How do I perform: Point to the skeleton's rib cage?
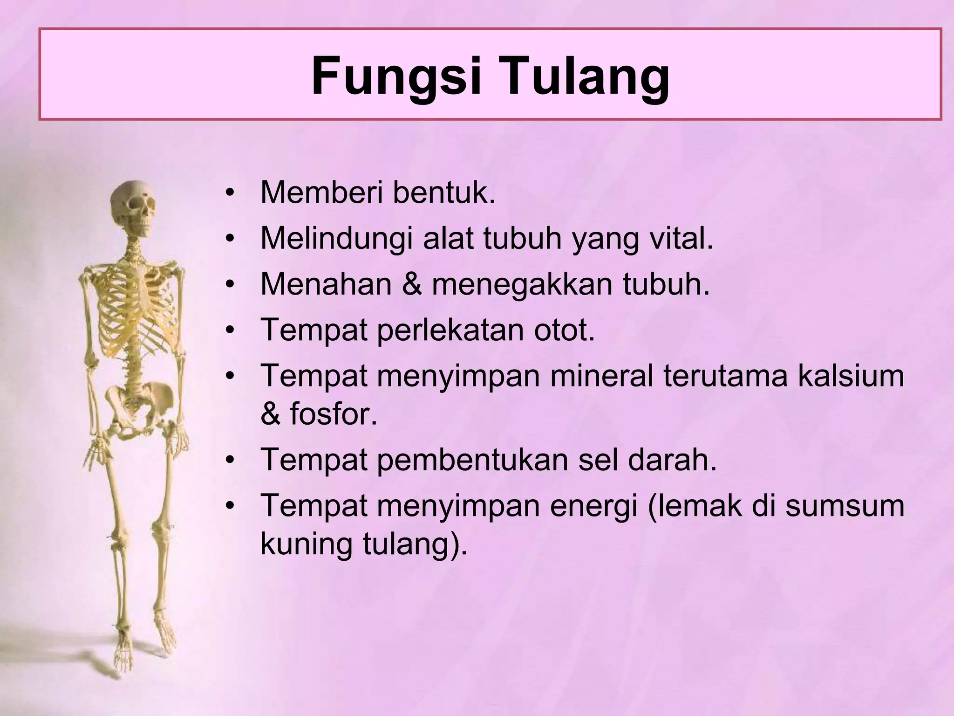[x=135, y=308]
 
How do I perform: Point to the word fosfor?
[x=333, y=413]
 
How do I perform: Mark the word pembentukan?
[x=473, y=459]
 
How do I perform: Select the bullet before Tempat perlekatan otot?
[x=229, y=330]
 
